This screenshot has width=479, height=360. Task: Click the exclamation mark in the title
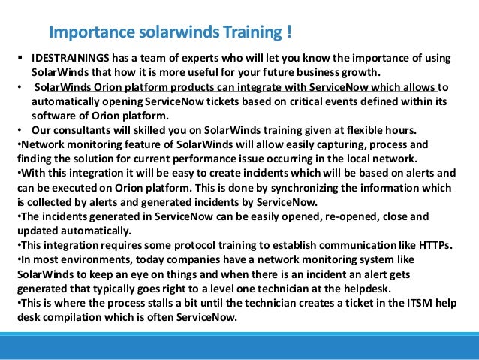pyautogui.click(x=288, y=33)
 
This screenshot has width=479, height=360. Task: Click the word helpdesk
pyautogui.click(x=351, y=288)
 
